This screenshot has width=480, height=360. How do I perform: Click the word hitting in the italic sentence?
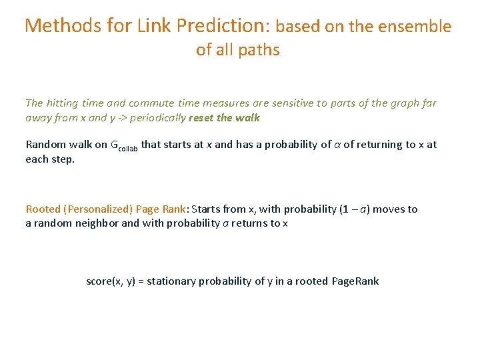tap(63, 103)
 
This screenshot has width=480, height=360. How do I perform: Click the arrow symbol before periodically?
tap(121, 118)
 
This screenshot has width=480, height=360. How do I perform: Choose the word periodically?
tap(158, 118)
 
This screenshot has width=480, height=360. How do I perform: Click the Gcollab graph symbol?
tap(123, 146)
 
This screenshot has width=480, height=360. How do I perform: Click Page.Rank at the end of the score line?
tap(355, 281)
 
